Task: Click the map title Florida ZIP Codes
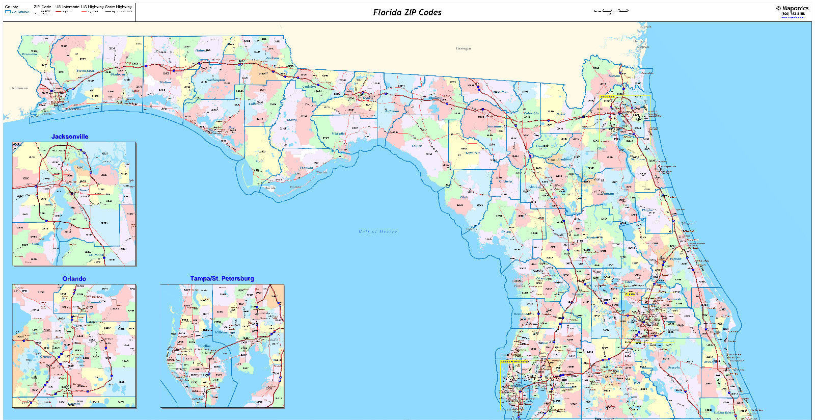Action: click(x=407, y=12)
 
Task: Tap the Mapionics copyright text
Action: click(x=792, y=8)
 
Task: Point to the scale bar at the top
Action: click(x=611, y=10)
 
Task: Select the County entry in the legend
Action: click(x=11, y=7)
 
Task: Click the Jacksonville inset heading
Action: click(x=70, y=137)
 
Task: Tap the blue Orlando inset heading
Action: click(x=74, y=279)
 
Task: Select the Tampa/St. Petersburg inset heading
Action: click(x=222, y=279)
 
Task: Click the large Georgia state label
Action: click(x=463, y=48)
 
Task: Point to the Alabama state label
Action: click(x=19, y=88)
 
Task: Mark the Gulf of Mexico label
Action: click(x=377, y=231)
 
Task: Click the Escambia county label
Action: click(x=29, y=54)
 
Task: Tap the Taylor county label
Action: click(x=417, y=146)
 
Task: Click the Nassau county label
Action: click(x=614, y=76)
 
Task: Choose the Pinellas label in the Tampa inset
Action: click(x=204, y=346)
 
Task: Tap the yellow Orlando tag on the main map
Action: click(x=631, y=294)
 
